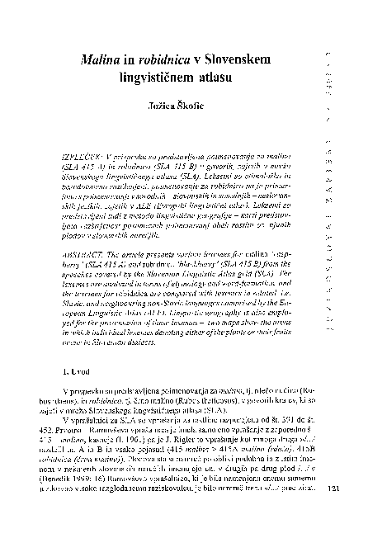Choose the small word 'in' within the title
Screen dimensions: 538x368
point(132,60)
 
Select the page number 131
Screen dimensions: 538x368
point(333,511)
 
